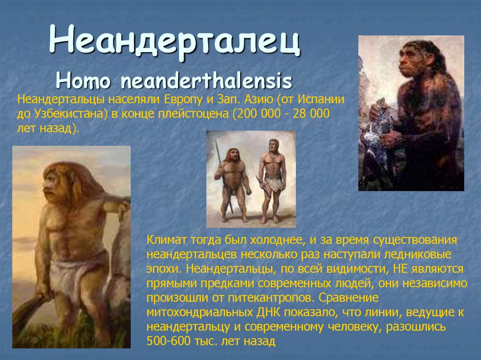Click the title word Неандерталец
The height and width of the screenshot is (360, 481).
tap(175, 41)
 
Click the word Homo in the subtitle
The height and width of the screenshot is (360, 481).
tap(83, 81)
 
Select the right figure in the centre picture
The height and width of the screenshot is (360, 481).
tap(272, 178)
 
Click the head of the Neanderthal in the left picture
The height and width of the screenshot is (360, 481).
tap(61, 180)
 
